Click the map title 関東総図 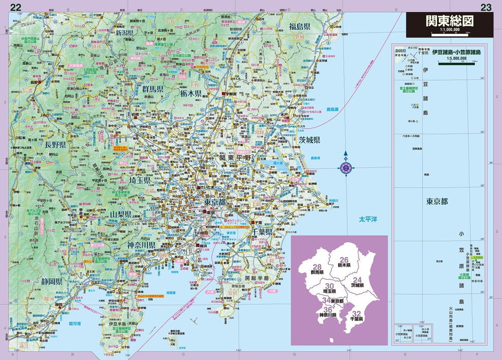click(x=450, y=22)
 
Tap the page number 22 click(x=16, y=7)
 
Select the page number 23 click(x=486, y=7)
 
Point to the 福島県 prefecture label click(x=299, y=26)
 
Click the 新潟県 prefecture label click(x=124, y=32)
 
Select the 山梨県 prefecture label click(x=120, y=213)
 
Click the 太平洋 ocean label click(x=368, y=220)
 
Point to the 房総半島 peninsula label click(x=257, y=278)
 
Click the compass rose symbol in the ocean click(x=346, y=167)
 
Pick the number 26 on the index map click(x=344, y=259)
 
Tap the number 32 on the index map click(x=357, y=313)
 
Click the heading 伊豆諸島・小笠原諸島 click(x=456, y=52)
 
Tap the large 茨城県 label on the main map click(x=309, y=140)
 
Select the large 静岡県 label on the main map click(x=52, y=281)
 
